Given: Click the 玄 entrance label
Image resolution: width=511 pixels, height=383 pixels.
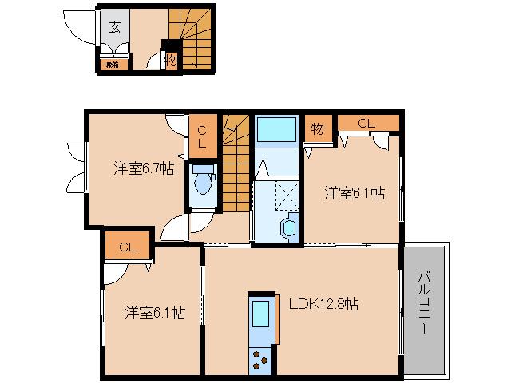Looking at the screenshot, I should [x=114, y=27].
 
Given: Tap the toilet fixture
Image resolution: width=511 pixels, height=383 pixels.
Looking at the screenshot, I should [x=203, y=182].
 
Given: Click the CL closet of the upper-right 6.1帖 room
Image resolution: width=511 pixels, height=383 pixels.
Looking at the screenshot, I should [x=366, y=123].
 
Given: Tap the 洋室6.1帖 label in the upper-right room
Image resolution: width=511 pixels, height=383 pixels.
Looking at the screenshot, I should [x=354, y=192].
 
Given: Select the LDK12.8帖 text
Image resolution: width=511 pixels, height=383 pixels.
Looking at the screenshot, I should [x=323, y=303].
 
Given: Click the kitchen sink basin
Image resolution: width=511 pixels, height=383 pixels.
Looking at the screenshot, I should [x=262, y=315].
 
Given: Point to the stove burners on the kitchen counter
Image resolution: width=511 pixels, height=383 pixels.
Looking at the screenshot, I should [x=261, y=360].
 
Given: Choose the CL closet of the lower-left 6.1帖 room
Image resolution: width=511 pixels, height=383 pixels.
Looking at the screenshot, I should [x=128, y=247].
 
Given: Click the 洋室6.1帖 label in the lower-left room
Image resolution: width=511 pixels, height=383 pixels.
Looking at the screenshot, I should [x=154, y=313].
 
